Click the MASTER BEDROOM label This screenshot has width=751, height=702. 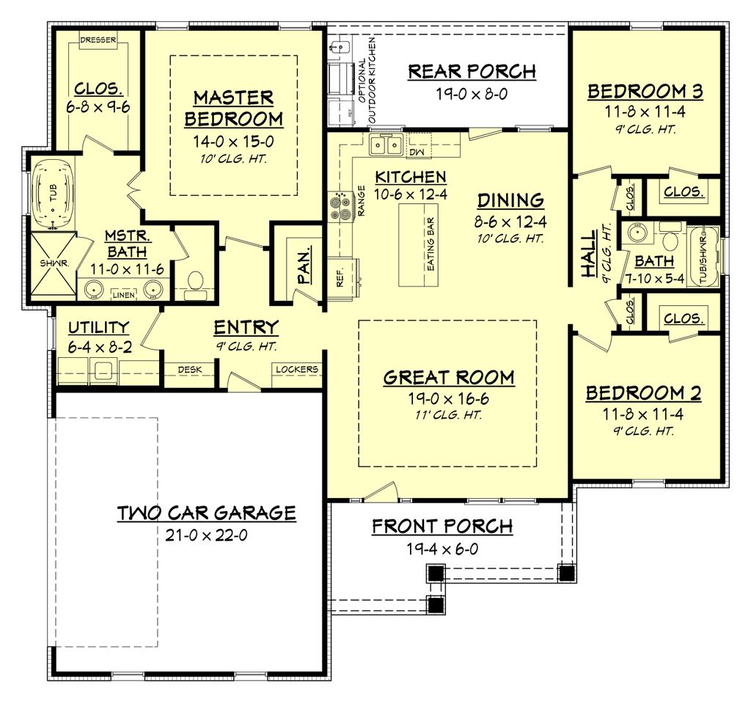[x=233, y=108]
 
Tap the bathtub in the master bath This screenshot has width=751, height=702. [x=52, y=193]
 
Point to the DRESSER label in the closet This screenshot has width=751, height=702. [x=98, y=40]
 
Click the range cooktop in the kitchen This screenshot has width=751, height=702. [x=340, y=206]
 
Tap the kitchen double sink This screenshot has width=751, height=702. [x=386, y=145]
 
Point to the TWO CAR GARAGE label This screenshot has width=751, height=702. [x=207, y=513]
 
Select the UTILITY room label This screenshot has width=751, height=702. [x=99, y=327]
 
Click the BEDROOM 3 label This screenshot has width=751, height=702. [x=645, y=92]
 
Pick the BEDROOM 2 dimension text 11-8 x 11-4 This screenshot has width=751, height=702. [x=643, y=414]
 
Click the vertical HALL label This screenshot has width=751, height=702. [x=589, y=260]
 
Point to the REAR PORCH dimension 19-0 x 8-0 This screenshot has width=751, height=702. [x=472, y=94]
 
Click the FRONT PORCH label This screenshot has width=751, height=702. [x=442, y=526]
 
